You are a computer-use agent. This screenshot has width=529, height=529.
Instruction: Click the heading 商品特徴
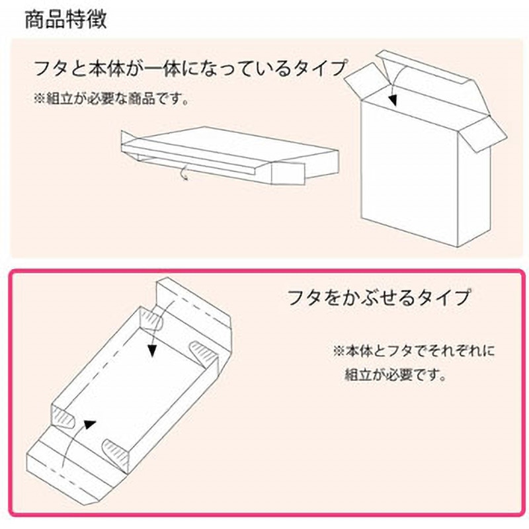[66, 20]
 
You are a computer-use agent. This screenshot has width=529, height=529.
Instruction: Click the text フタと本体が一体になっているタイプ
[190, 69]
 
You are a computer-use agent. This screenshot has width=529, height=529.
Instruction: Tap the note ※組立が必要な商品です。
[111, 99]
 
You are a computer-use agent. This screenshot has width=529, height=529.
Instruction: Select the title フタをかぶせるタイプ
[378, 297]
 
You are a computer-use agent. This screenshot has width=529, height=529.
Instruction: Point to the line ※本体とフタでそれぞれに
[414, 351]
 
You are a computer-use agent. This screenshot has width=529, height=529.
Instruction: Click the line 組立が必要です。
[395, 374]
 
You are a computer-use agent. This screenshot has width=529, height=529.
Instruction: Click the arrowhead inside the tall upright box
[392, 100]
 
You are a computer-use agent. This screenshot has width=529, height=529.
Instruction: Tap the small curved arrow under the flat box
[184, 173]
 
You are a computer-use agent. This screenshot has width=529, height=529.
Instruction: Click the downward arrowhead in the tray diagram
[153, 351]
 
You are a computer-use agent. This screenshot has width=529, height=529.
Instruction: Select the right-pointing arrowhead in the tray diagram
[90, 425]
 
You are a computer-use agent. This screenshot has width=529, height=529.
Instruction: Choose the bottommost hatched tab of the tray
[115, 452]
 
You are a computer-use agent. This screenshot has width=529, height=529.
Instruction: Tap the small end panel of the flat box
[288, 173]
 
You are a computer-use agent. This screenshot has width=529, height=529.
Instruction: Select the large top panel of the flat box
[233, 144]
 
